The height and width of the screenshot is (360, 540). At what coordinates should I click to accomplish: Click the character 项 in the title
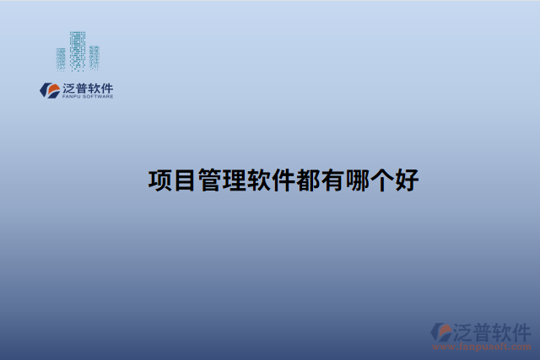pyautogui.click(x=159, y=180)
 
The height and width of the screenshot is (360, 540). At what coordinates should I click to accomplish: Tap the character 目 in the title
pyautogui.click(x=184, y=180)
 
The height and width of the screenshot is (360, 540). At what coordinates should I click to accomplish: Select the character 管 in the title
pyautogui.click(x=208, y=180)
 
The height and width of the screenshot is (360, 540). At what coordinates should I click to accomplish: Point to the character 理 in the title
pyautogui.click(x=233, y=180)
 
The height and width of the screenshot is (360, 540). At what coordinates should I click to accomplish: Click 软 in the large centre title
pyautogui.click(x=257, y=180)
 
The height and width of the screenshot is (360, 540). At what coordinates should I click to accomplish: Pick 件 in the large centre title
pyautogui.click(x=282, y=180)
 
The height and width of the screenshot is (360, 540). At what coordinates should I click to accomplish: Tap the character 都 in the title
pyautogui.click(x=307, y=180)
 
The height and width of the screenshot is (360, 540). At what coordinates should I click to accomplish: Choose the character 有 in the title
pyautogui.click(x=332, y=180)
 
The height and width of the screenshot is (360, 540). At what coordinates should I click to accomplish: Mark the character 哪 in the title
pyautogui.click(x=356, y=180)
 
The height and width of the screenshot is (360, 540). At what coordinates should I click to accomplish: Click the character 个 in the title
pyautogui.click(x=381, y=180)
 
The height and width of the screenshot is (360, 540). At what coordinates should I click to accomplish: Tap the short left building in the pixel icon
pyautogui.click(x=61, y=58)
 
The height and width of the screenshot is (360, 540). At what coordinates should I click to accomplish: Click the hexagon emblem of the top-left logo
pyautogui.click(x=49, y=89)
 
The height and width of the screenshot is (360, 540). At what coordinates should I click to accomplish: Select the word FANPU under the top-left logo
pyautogui.click(x=71, y=97)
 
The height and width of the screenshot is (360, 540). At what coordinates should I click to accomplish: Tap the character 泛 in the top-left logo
pyautogui.click(x=69, y=88)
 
